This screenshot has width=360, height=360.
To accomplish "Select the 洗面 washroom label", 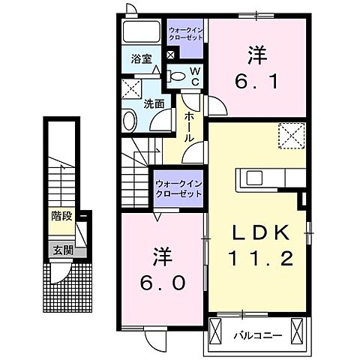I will click(154, 104).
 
